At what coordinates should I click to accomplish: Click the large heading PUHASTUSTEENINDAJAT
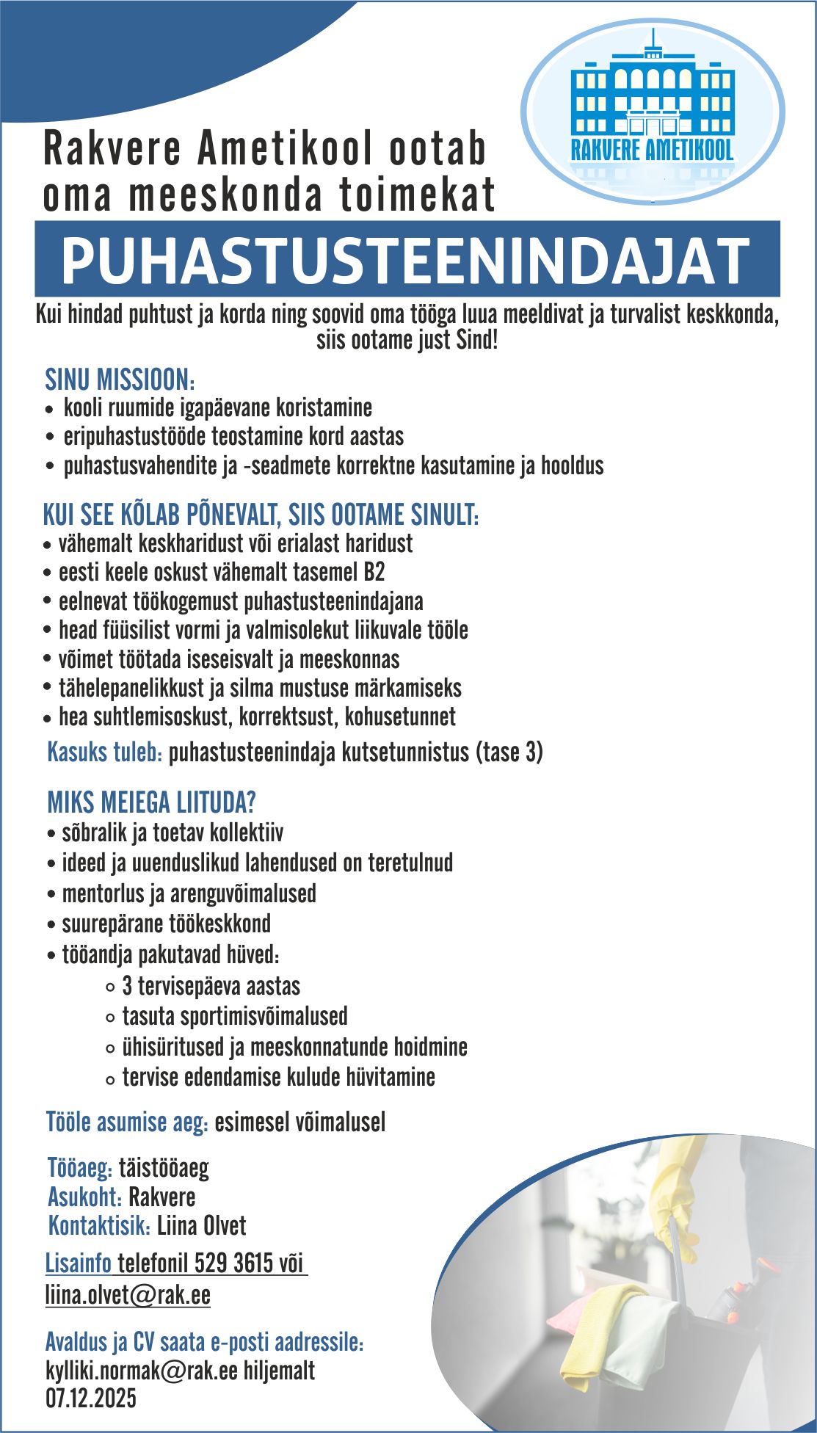pyautogui.click(x=407, y=259)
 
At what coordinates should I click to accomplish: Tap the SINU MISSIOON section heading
pyautogui.click(x=120, y=380)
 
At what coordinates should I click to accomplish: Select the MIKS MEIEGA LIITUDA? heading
pyautogui.click(x=151, y=802)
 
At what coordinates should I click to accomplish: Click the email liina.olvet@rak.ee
pyautogui.click(x=128, y=1295)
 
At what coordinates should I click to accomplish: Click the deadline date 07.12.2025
pyautogui.click(x=91, y=1398)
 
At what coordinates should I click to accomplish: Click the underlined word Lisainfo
pyautogui.click(x=79, y=1264)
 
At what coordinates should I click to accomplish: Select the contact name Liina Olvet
pyautogui.click(x=202, y=1226)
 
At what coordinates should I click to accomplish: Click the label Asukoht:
pyautogui.click(x=84, y=1197)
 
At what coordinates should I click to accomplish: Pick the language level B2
pyautogui.click(x=373, y=571)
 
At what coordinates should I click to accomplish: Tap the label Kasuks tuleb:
pyautogui.click(x=104, y=752)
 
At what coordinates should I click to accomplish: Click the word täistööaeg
pyautogui.click(x=164, y=1168)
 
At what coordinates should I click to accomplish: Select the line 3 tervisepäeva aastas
pyautogui.click(x=211, y=986)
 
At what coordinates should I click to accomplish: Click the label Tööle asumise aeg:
pyautogui.click(x=128, y=1122)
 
